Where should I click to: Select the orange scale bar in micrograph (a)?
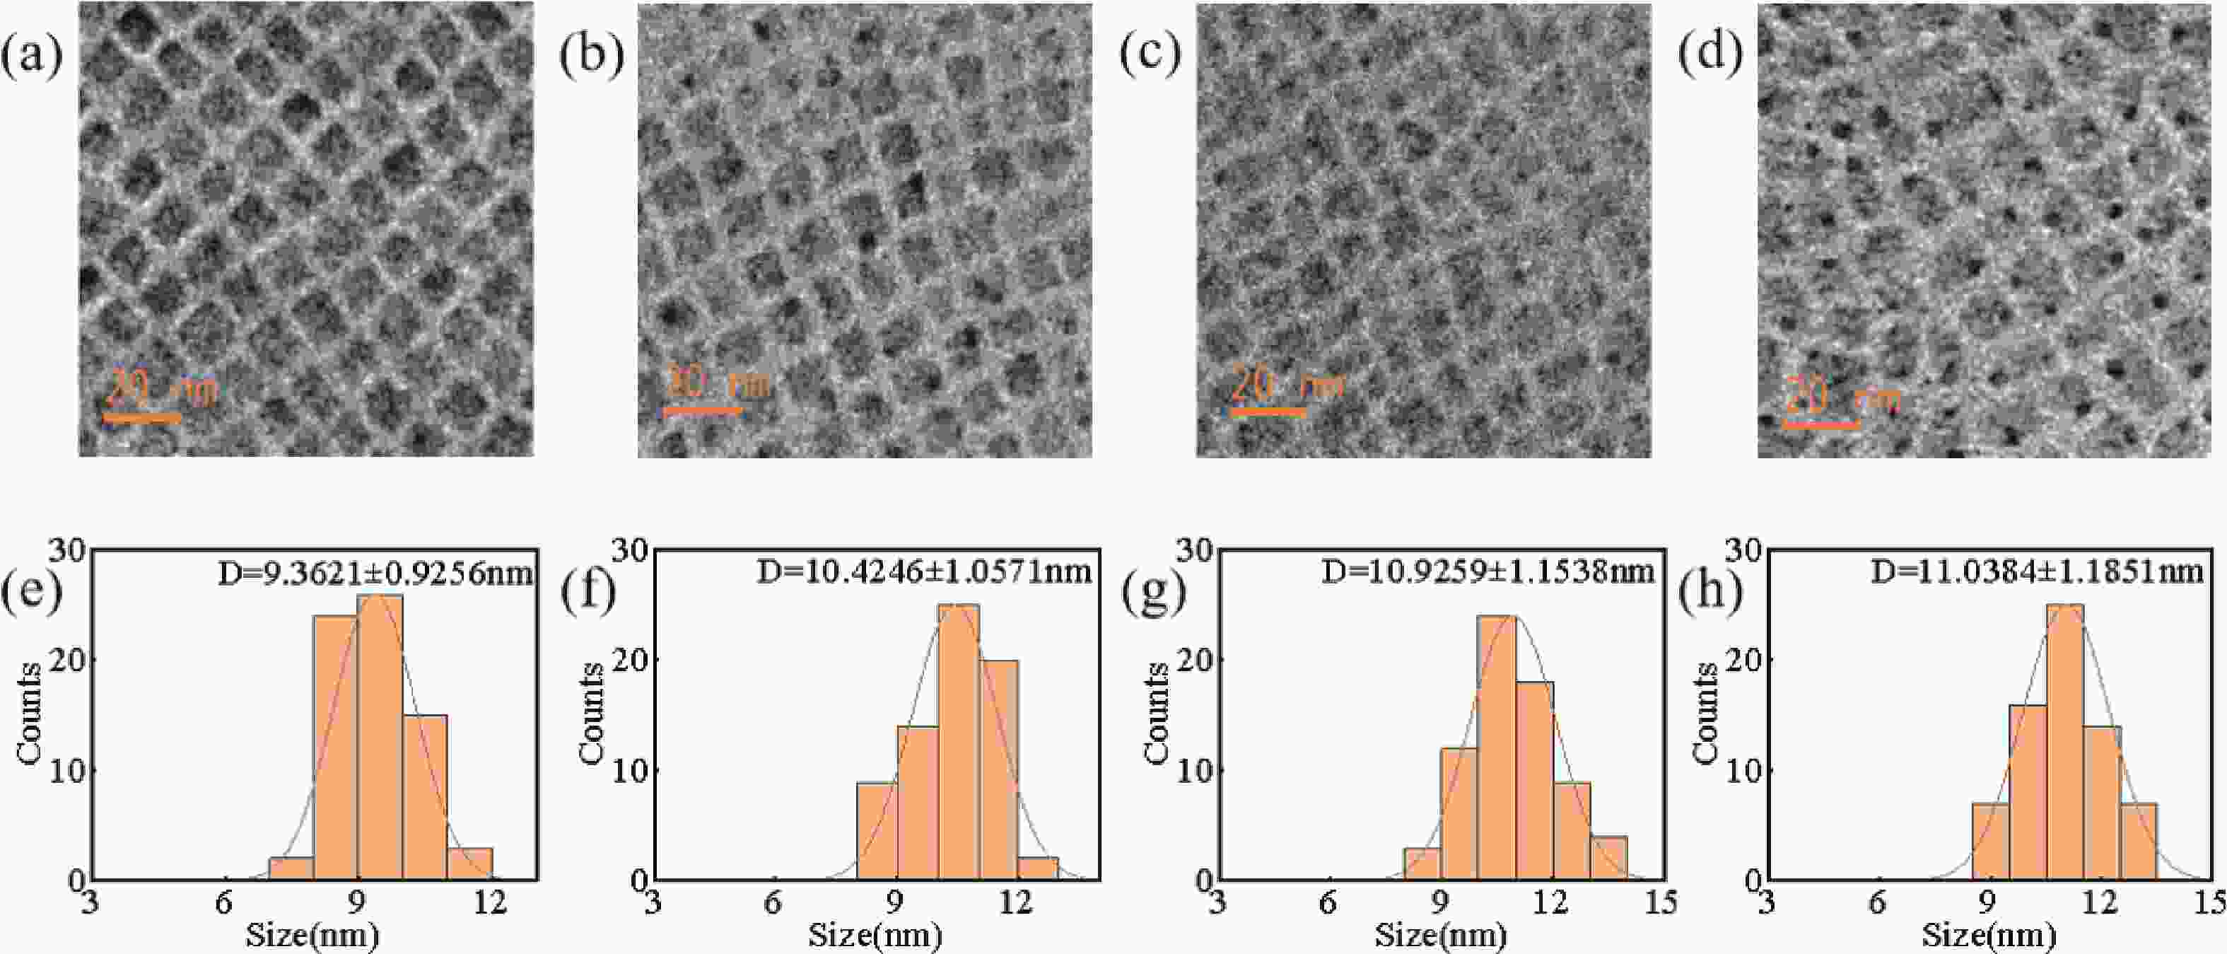click(x=143, y=419)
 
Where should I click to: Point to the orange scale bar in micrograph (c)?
click(x=1268, y=412)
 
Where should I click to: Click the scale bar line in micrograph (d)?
click(x=1821, y=426)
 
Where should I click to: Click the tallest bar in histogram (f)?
click(x=959, y=742)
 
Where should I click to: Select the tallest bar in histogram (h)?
click(x=2064, y=742)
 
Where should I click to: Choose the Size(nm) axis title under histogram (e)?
click(x=313, y=936)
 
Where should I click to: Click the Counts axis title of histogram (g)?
click(x=1157, y=714)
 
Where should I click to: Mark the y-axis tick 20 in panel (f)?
click(x=627, y=660)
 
